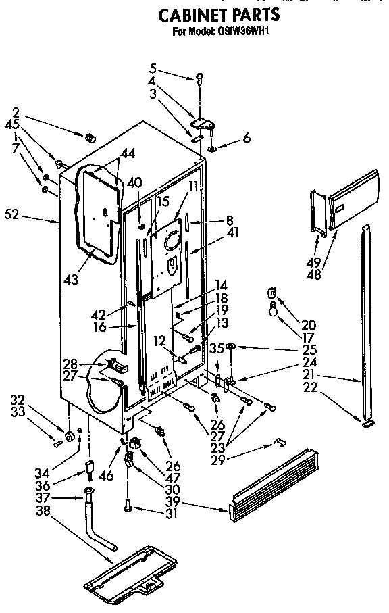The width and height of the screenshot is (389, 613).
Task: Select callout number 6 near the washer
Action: [x=246, y=138]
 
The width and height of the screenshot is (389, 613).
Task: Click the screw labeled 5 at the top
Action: [x=200, y=78]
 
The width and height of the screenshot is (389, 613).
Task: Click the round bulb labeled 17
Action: [x=273, y=310]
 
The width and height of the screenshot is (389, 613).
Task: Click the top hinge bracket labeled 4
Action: [x=201, y=124]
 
